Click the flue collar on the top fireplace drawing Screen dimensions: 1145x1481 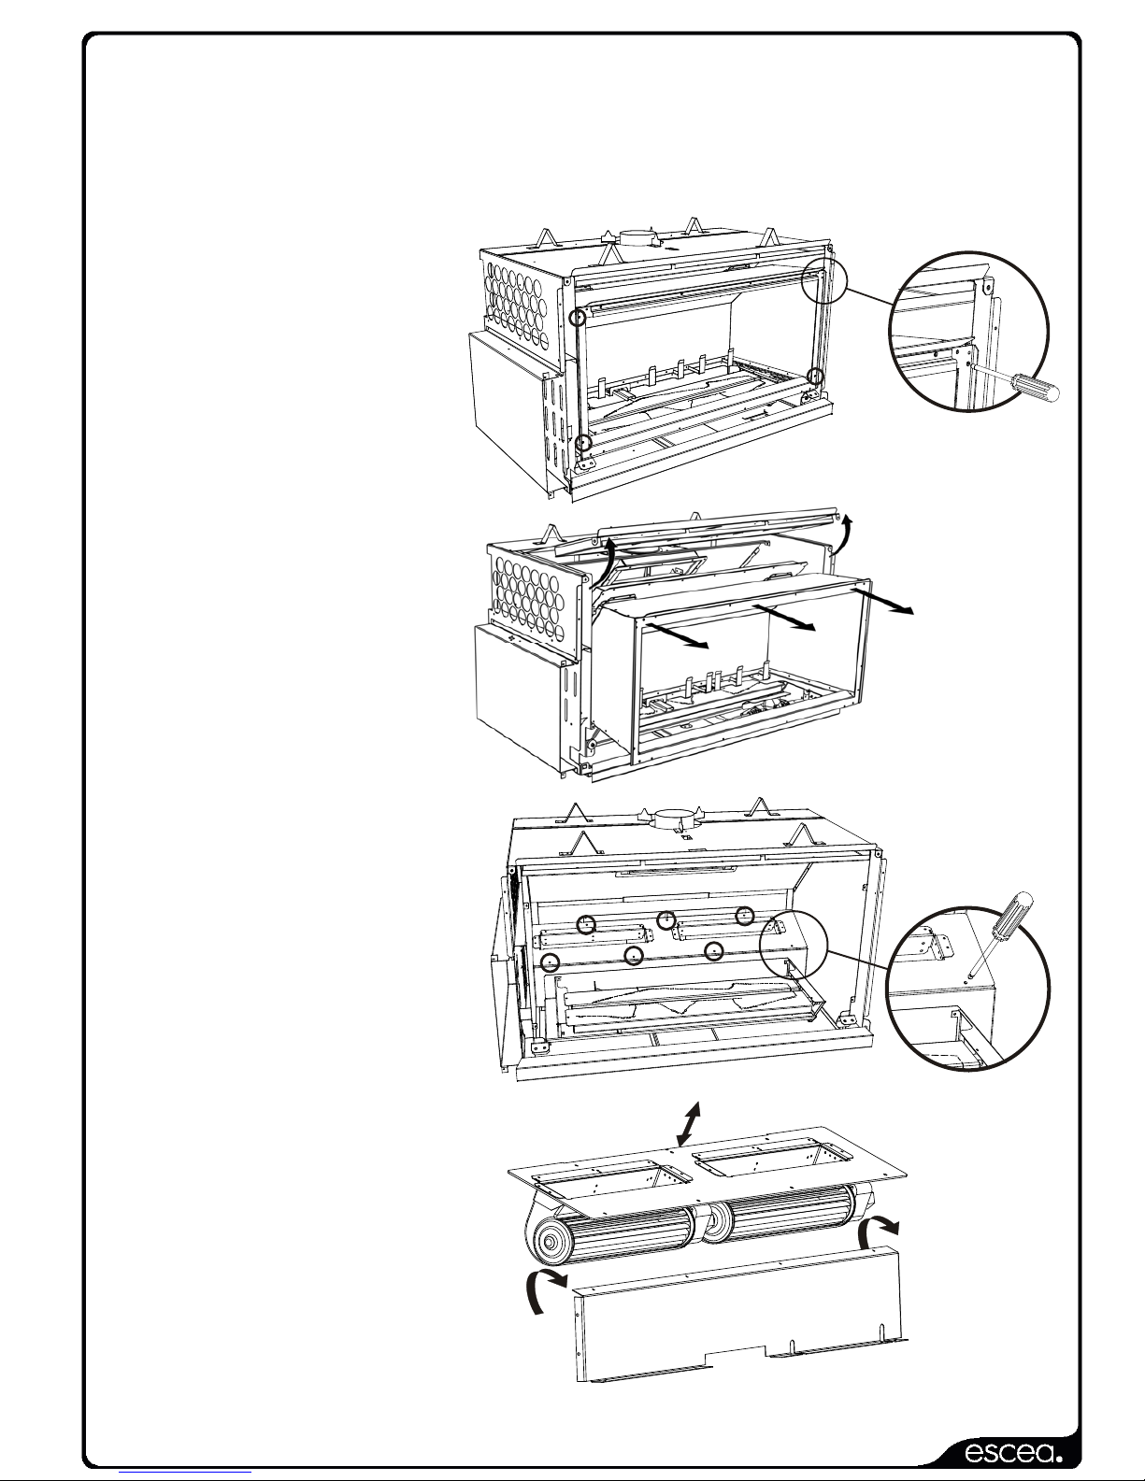[x=638, y=239]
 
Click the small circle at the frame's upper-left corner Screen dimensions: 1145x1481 [x=578, y=318]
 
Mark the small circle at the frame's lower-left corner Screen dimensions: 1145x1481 [x=582, y=445]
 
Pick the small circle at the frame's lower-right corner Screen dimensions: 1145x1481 [x=816, y=376]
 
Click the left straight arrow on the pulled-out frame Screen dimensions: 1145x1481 [x=676, y=634]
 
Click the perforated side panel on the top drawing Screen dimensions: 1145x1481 [x=522, y=301]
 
